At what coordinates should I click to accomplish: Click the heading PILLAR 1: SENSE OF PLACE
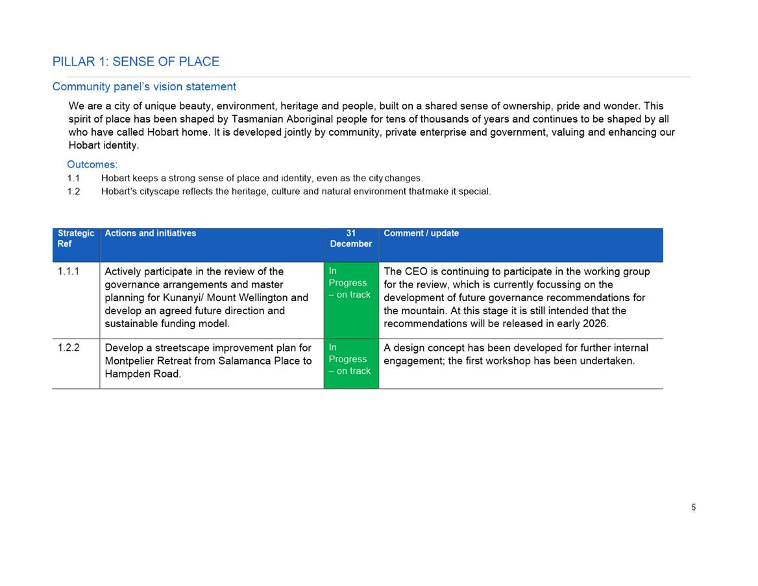(136, 62)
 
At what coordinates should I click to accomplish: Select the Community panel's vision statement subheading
(144, 87)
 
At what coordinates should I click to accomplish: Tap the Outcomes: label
(92, 165)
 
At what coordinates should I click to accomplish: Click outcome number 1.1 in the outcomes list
(73, 178)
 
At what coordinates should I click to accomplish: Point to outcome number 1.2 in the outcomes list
(73, 191)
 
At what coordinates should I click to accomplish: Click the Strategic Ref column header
(75, 239)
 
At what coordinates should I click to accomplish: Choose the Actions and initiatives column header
(150, 234)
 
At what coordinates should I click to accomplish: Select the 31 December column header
(350, 239)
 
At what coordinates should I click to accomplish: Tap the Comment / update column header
(421, 234)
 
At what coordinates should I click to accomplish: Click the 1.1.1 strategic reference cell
(68, 271)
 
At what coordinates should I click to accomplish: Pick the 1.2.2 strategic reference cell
(68, 348)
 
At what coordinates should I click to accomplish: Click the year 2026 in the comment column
(595, 324)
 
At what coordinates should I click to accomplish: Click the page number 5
(694, 507)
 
